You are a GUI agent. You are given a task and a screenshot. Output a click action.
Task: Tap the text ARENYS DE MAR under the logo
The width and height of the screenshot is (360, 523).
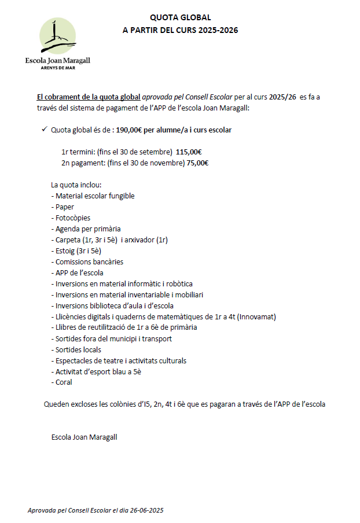[58, 67]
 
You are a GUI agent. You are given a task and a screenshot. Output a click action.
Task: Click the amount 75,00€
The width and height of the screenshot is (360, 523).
[197, 163]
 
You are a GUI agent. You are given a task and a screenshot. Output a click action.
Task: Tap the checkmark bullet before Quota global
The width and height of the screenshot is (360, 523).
[45, 130]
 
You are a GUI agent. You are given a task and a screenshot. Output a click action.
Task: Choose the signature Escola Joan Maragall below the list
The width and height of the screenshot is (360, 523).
[84, 437]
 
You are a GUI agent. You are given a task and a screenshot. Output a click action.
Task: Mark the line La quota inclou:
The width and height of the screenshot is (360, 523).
[76, 185]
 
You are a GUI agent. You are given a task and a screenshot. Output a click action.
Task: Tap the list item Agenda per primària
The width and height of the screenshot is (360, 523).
[86, 229]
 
